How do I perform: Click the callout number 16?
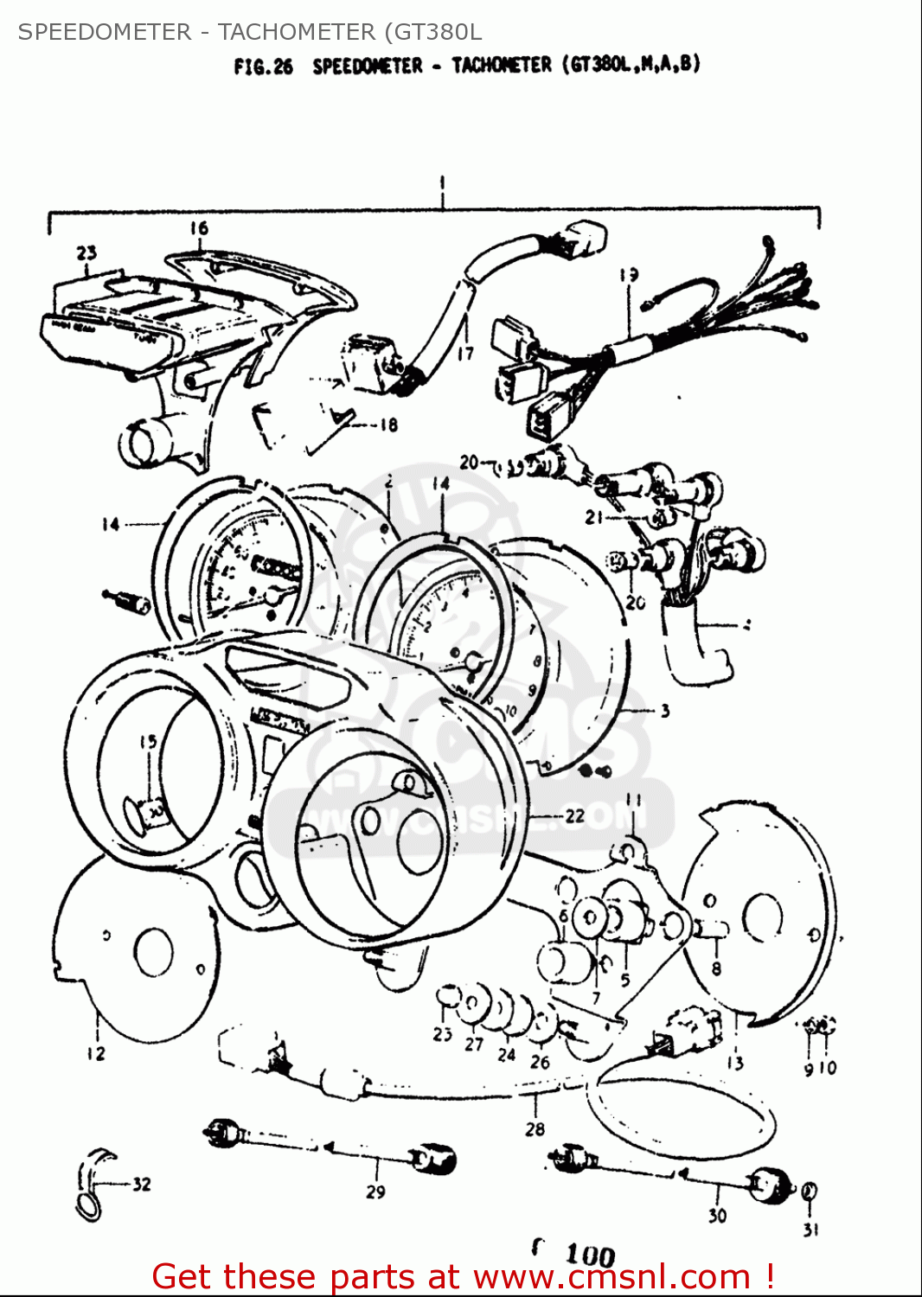199,228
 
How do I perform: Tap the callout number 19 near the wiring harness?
629,275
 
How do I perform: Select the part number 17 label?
465,353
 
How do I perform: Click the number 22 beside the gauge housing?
574,815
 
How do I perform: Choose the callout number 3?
664,712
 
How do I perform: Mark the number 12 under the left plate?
95,1053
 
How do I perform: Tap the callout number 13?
734,1063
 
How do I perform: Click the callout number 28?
535,1128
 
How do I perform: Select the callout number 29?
375,1192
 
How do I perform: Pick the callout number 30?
717,1216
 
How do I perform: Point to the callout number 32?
141,1185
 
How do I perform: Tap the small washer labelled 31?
809,1192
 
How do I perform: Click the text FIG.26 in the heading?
263,67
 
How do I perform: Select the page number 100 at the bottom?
590,1255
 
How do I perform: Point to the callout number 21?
593,517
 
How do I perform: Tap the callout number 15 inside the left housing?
148,742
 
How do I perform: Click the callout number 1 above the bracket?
442,184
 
